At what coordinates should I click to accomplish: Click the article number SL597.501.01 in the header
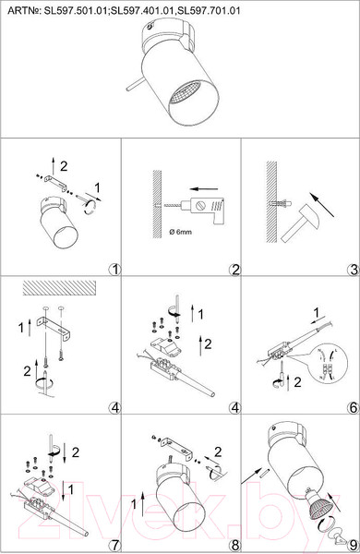[75, 10]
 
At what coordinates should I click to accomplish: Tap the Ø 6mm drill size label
[180, 232]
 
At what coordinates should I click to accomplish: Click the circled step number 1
[114, 270]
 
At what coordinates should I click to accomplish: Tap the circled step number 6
[354, 408]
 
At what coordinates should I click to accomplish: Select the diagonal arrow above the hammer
[321, 204]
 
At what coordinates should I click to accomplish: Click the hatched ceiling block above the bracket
[59, 287]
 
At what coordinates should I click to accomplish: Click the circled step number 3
[354, 270]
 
